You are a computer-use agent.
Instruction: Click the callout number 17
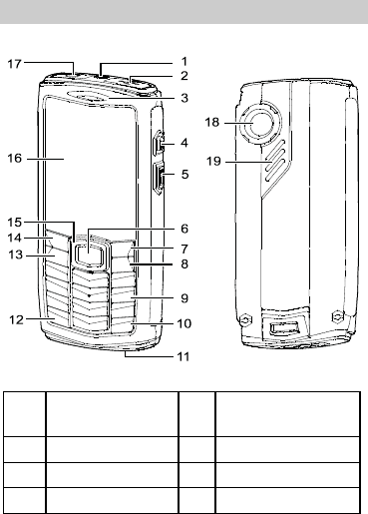point(15,64)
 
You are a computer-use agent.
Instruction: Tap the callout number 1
point(184,62)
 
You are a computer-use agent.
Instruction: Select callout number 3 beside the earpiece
point(184,98)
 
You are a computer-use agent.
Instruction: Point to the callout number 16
point(15,159)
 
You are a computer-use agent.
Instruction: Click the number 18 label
point(212,122)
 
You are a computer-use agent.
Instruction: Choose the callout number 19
point(213,162)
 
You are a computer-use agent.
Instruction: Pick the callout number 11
point(184,356)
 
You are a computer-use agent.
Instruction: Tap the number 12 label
point(17,320)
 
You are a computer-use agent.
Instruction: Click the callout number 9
point(184,298)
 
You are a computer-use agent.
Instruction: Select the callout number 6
point(184,229)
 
